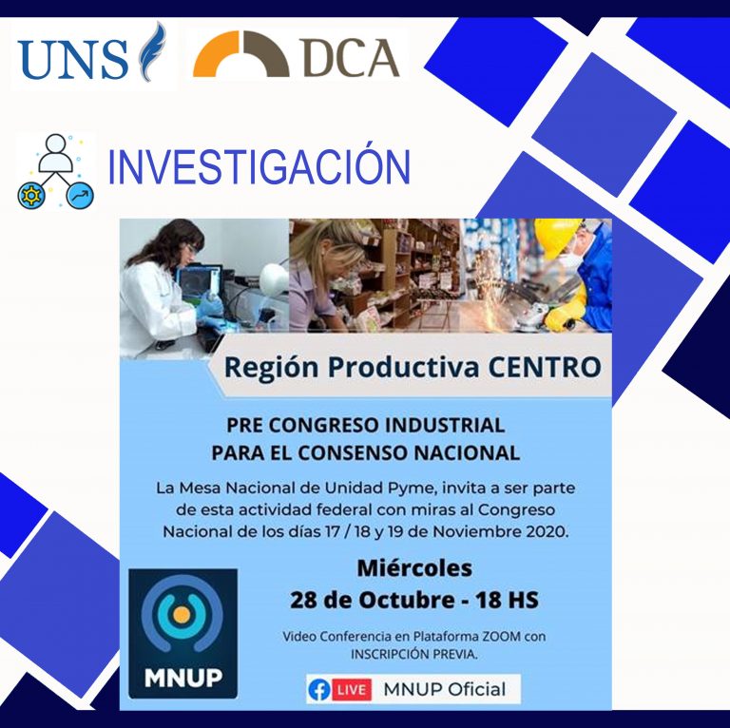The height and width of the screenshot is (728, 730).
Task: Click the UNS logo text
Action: (72, 59)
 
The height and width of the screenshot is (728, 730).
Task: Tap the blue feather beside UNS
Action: (153, 51)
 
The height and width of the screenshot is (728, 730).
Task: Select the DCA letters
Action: (352, 57)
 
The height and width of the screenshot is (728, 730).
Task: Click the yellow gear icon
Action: (31, 196)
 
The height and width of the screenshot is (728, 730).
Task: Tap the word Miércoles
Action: (414, 568)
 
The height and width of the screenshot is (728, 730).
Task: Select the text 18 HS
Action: (507, 600)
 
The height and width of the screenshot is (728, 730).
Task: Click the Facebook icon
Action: (319, 689)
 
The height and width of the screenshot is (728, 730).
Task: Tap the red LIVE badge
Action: (352, 689)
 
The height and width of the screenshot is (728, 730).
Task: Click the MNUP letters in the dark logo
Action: (182, 678)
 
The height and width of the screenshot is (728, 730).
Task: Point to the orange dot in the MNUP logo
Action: (182, 614)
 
